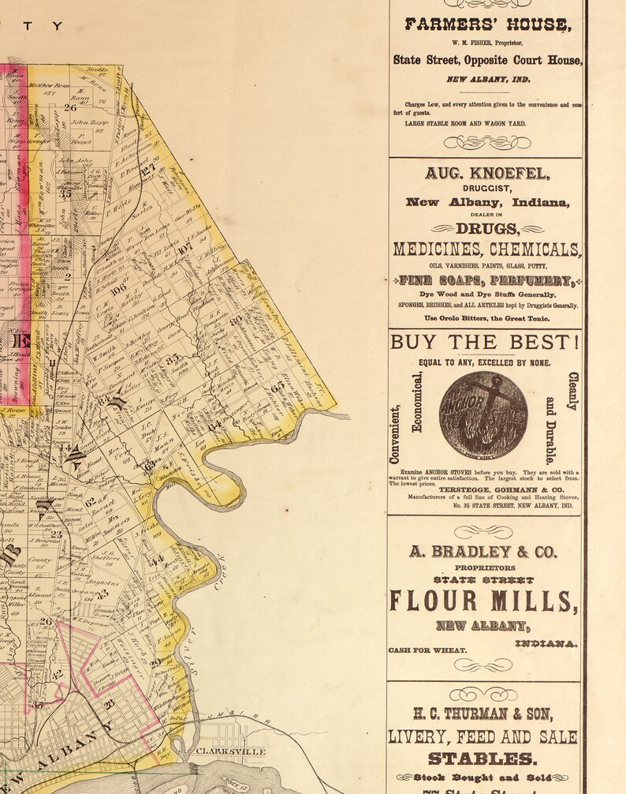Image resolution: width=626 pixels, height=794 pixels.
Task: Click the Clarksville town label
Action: click(230, 752)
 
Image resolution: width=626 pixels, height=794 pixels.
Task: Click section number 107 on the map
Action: click(185, 250)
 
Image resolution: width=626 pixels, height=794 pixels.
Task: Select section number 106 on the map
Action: click(118, 289)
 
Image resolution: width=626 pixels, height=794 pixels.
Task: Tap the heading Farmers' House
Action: click(486, 24)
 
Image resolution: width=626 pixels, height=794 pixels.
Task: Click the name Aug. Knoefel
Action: click(486, 173)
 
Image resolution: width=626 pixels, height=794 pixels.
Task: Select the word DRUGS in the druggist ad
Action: click(488, 230)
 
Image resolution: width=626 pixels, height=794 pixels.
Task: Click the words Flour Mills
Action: click(483, 601)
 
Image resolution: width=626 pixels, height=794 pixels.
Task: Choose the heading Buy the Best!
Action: click(485, 342)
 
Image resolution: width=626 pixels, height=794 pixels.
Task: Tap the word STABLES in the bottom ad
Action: click(483, 758)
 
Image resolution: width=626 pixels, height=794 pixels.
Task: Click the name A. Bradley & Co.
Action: click(483, 552)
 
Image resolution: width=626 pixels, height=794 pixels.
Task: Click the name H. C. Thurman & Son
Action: click(483, 713)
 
